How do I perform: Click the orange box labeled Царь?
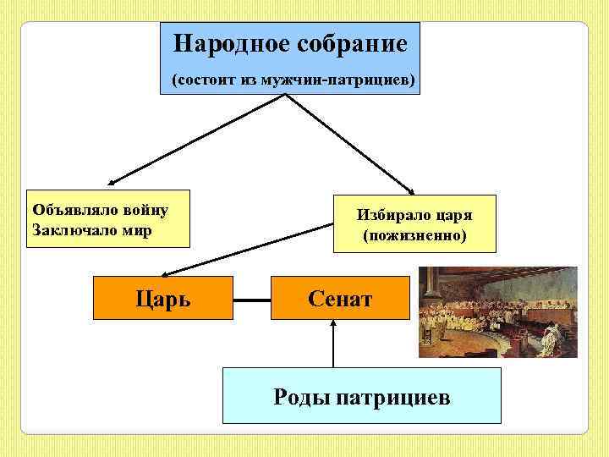tap(162, 298)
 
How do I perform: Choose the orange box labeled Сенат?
tap(340, 298)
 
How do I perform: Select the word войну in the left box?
tap(145, 209)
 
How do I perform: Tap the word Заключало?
tap(73, 228)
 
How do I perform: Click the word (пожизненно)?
tap(414, 234)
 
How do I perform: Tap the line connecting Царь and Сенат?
tap(251, 299)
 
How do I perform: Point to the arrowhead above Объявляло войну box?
tap(112, 182)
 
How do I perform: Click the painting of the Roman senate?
tap(498, 312)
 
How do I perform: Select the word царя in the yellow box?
tap(453, 215)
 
